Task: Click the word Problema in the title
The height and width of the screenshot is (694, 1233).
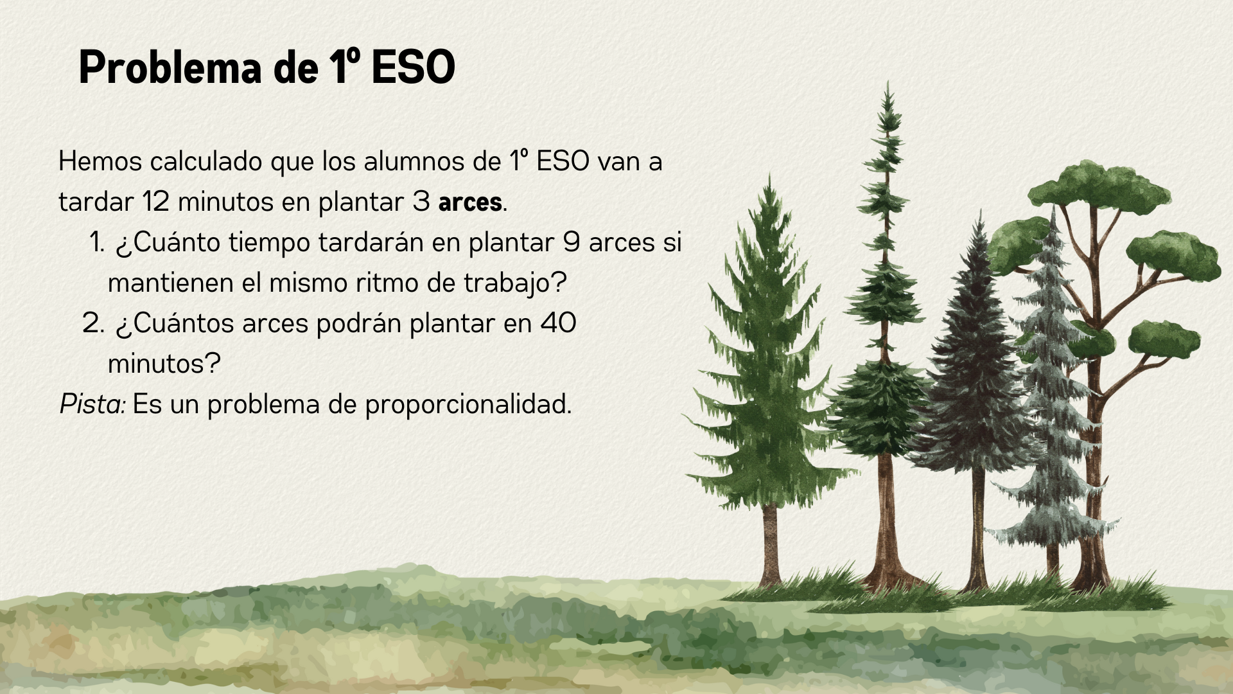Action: pyautogui.click(x=170, y=67)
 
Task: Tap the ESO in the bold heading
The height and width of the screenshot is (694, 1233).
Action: pyautogui.click(x=414, y=67)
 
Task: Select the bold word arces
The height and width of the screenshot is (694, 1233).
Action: pyautogui.click(x=470, y=202)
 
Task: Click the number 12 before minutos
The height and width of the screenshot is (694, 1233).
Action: pyautogui.click(x=155, y=202)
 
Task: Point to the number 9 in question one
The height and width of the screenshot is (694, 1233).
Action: pyautogui.click(x=572, y=242)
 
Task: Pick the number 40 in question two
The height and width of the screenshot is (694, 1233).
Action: pyautogui.click(x=558, y=323)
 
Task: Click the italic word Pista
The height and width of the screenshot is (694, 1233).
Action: pyautogui.click(x=92, y=404)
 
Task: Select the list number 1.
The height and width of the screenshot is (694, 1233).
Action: pyautogui.click(x=96, y=242)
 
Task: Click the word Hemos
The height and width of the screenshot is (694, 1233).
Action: pyautogui.click(x=100, y=161)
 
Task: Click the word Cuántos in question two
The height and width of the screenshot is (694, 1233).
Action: pyautogui.click(x=175, y=323)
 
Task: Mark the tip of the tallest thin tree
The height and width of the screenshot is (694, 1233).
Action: pyautogui.click(x=888, y=81)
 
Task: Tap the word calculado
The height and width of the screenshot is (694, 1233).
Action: pyautogui.click(x=206, y=161)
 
